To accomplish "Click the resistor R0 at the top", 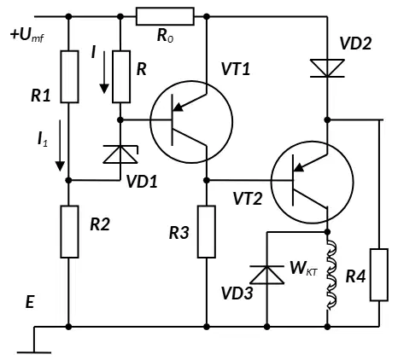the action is (x=165, y=16).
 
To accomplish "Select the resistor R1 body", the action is (x=69, y=77).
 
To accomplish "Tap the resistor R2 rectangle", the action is (x=69, y=232).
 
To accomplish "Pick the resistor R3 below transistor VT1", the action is (x=207, y=232).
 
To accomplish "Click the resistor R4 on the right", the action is (x=379, y=275).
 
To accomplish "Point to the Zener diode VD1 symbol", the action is (x=120, y=154).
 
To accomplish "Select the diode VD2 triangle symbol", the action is (x=327, y=68).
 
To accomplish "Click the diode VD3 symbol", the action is (x=266, y=275).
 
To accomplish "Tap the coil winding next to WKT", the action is (x=331, y=275).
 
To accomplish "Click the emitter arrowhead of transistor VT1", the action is (x=178, y=107).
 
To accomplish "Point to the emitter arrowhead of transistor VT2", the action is (x=299, y=167).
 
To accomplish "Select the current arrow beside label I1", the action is (x=60, y=145).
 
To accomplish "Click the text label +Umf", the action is (x=27, y=35).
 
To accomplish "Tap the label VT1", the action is (x=236, y=69).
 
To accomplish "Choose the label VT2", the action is (x=248, y=199).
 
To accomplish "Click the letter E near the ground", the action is (x=30, y=302).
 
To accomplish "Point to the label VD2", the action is (x=355, y=44).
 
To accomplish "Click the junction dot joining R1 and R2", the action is (x=68, y=180).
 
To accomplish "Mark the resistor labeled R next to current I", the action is (x=121, y=77).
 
